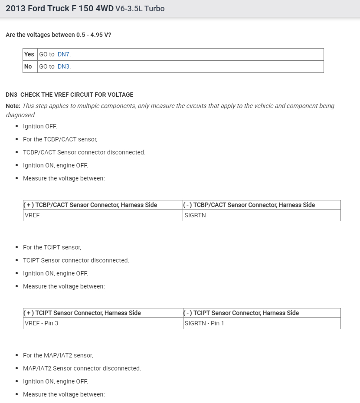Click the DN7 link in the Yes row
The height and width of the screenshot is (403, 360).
point(63,54)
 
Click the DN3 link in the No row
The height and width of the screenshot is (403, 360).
point(63,66)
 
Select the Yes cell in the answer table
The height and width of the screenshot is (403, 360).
point(29,54)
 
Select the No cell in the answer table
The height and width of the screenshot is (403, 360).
point(28,66)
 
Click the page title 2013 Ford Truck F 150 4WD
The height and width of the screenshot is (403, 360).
point(59,8)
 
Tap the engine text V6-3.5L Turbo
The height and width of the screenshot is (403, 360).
point(140,8)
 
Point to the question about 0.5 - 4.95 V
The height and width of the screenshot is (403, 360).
point(58,34)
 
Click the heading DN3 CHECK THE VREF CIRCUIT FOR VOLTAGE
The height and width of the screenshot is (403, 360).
point(69,95)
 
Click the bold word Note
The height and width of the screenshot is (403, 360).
point(13,106)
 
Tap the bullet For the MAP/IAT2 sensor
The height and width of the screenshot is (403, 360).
point(58,355)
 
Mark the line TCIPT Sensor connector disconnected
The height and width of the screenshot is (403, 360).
point(76,260)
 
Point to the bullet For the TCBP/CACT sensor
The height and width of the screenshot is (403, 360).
point(60,139)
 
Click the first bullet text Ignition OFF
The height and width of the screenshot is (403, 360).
point(40,126)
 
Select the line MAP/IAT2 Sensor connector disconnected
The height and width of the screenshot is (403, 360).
point(82,368)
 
